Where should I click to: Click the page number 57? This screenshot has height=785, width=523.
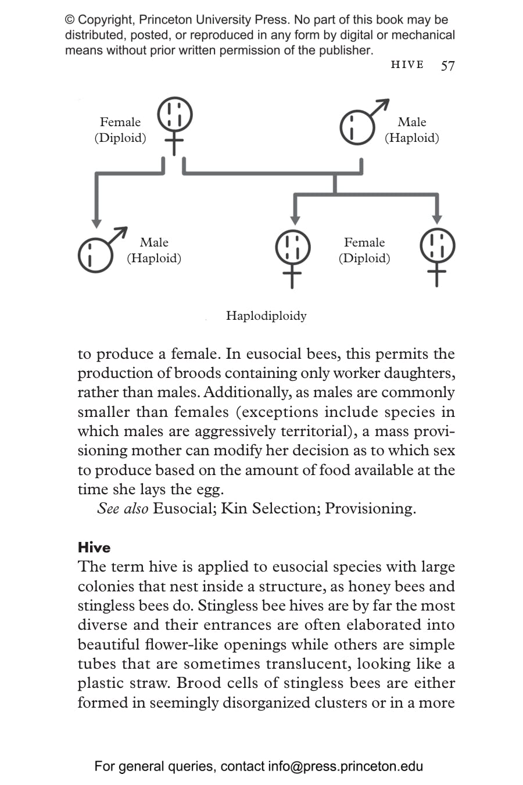tap(447, 65)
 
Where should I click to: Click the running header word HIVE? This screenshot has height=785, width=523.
tap(407, 65)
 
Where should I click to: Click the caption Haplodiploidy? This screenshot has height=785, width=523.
tap(266, 316)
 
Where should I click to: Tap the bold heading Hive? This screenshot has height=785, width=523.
tap(94, 547)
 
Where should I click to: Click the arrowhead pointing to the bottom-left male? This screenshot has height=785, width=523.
tap(96, 224)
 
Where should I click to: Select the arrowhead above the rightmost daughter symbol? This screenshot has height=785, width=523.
tap(437, 219)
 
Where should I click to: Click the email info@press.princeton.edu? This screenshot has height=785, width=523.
tap(345, 766)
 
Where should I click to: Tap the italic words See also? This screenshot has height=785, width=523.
tap(123, 508)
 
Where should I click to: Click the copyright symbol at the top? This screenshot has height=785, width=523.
tap(70, 20)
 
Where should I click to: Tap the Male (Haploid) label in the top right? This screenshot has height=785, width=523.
tap(411, 130)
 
